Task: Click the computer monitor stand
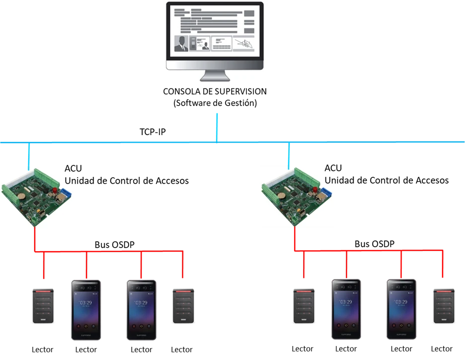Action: pyautogui.click(x=217, y=75)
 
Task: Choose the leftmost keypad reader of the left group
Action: pyautogui.click(x=44, y=305)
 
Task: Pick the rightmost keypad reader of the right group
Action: pyautogui.click(x=444, y=305)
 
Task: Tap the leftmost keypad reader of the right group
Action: pyautogui.click(x=304, y=305)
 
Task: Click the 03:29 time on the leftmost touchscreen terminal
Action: pyautogui.click(x=86, y=302)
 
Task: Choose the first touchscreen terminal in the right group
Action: pyautogui.click(x=347, y=309)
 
